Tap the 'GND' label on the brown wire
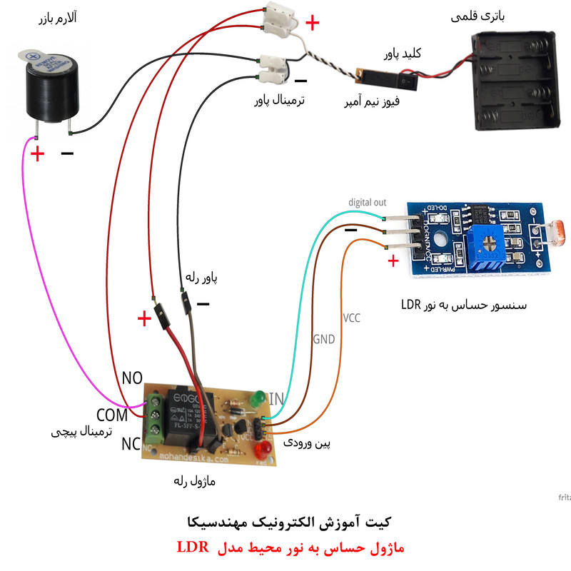click(323, 340)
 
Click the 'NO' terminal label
click(133, 378)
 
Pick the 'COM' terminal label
click(112, 414)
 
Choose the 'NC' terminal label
click(131, 444)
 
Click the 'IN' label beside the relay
click(275, 397)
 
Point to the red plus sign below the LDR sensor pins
click(392, 262)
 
